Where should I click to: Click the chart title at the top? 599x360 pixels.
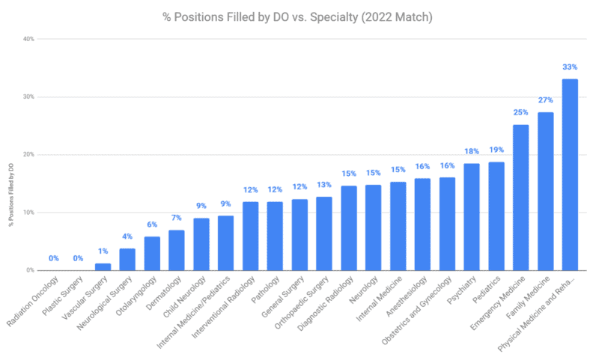tap(299, 16)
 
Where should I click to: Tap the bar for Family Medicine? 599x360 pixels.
tap(545, 192)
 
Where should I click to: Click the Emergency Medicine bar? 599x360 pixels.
tap(520, 198)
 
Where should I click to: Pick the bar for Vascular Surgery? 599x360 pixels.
tap(103, 266)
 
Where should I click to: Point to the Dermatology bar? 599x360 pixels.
tap(176, 250)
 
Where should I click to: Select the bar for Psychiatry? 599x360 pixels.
tap(472, 217)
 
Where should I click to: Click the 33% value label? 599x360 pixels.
tap(570, 67)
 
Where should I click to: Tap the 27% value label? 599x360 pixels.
tap(545, 100)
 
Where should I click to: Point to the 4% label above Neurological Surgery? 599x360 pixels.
tap(127, 237)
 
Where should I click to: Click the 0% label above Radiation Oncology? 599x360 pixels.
tap(53, 259)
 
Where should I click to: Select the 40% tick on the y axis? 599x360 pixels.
tap(28, 39)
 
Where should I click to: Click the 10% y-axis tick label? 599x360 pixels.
tap(28, 213)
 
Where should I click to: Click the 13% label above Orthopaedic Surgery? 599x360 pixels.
tap(323, 185)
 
